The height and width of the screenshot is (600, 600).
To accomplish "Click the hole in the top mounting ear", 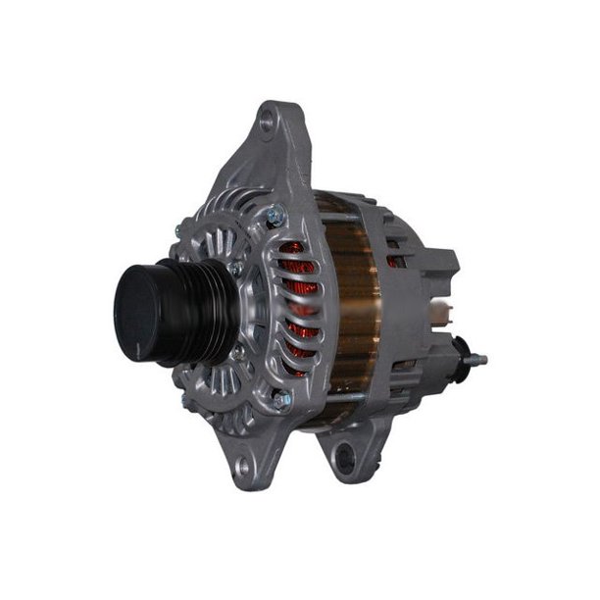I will pos(266,124).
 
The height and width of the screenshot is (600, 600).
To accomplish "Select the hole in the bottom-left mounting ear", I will pos(243,467).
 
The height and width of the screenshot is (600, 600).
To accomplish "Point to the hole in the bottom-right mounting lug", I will pos(342,453).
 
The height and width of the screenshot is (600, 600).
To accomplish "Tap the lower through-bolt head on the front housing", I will pos(282,398).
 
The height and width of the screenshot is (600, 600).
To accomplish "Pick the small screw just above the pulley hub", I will pos(235,267).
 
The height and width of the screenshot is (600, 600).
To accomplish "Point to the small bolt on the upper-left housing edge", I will pos(177,231).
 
